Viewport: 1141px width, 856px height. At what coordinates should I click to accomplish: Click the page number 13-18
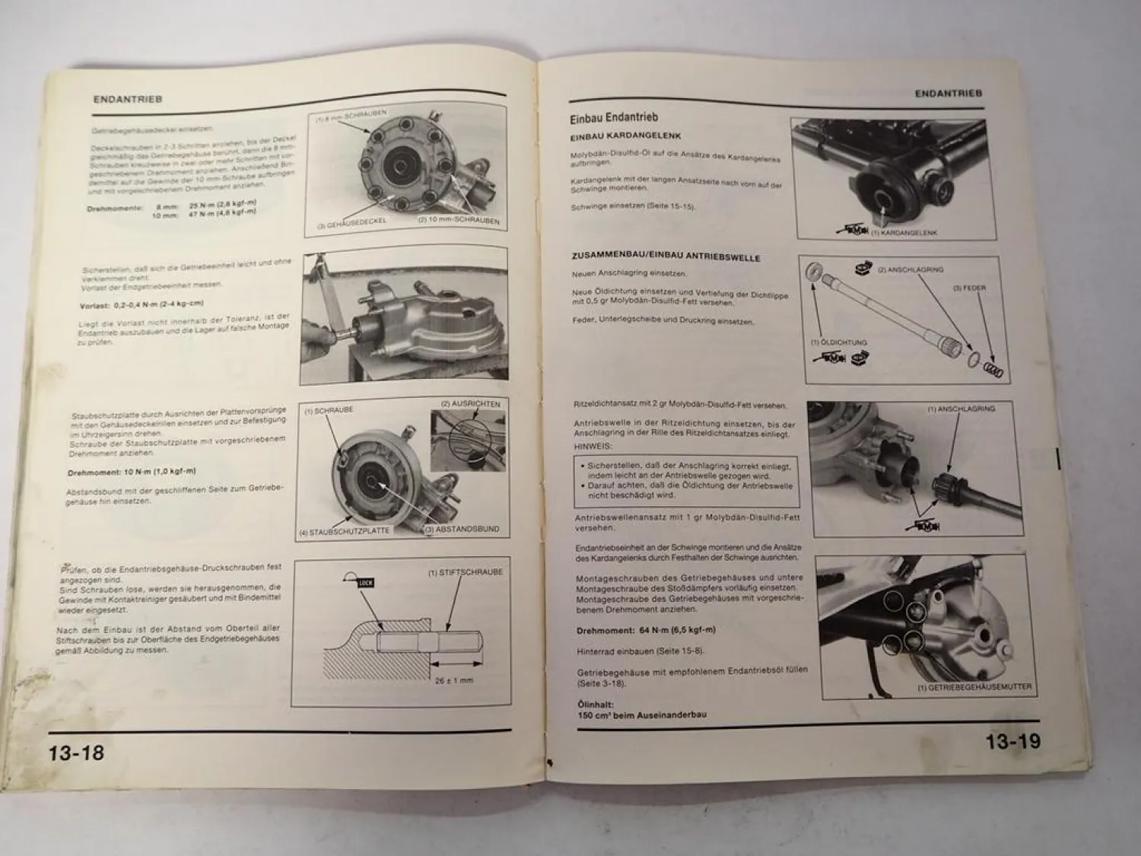pos(76,753)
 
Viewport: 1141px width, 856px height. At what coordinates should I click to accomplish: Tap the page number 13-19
pos(1013,742)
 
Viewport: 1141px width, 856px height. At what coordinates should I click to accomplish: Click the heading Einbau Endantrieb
pos(614,118)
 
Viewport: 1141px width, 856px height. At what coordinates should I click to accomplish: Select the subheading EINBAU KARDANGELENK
pos(625,136)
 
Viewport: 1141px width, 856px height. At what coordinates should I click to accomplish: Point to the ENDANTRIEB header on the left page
pos(128,99)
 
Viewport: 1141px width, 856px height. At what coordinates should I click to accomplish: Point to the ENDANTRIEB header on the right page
pos(948,94)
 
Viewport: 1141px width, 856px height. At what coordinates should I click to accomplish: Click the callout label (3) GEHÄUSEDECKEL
pos(352,221)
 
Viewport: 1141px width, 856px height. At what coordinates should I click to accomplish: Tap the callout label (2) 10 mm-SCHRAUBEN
pos(458,221)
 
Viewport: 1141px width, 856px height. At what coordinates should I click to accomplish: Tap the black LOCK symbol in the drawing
pos(364,583)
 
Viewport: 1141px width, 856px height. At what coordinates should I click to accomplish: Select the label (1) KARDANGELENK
pos(904,232)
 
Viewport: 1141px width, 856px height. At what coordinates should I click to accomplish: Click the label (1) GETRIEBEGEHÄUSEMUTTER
pos(974,686)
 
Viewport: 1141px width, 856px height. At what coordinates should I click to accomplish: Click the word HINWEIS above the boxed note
pos(593,447)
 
